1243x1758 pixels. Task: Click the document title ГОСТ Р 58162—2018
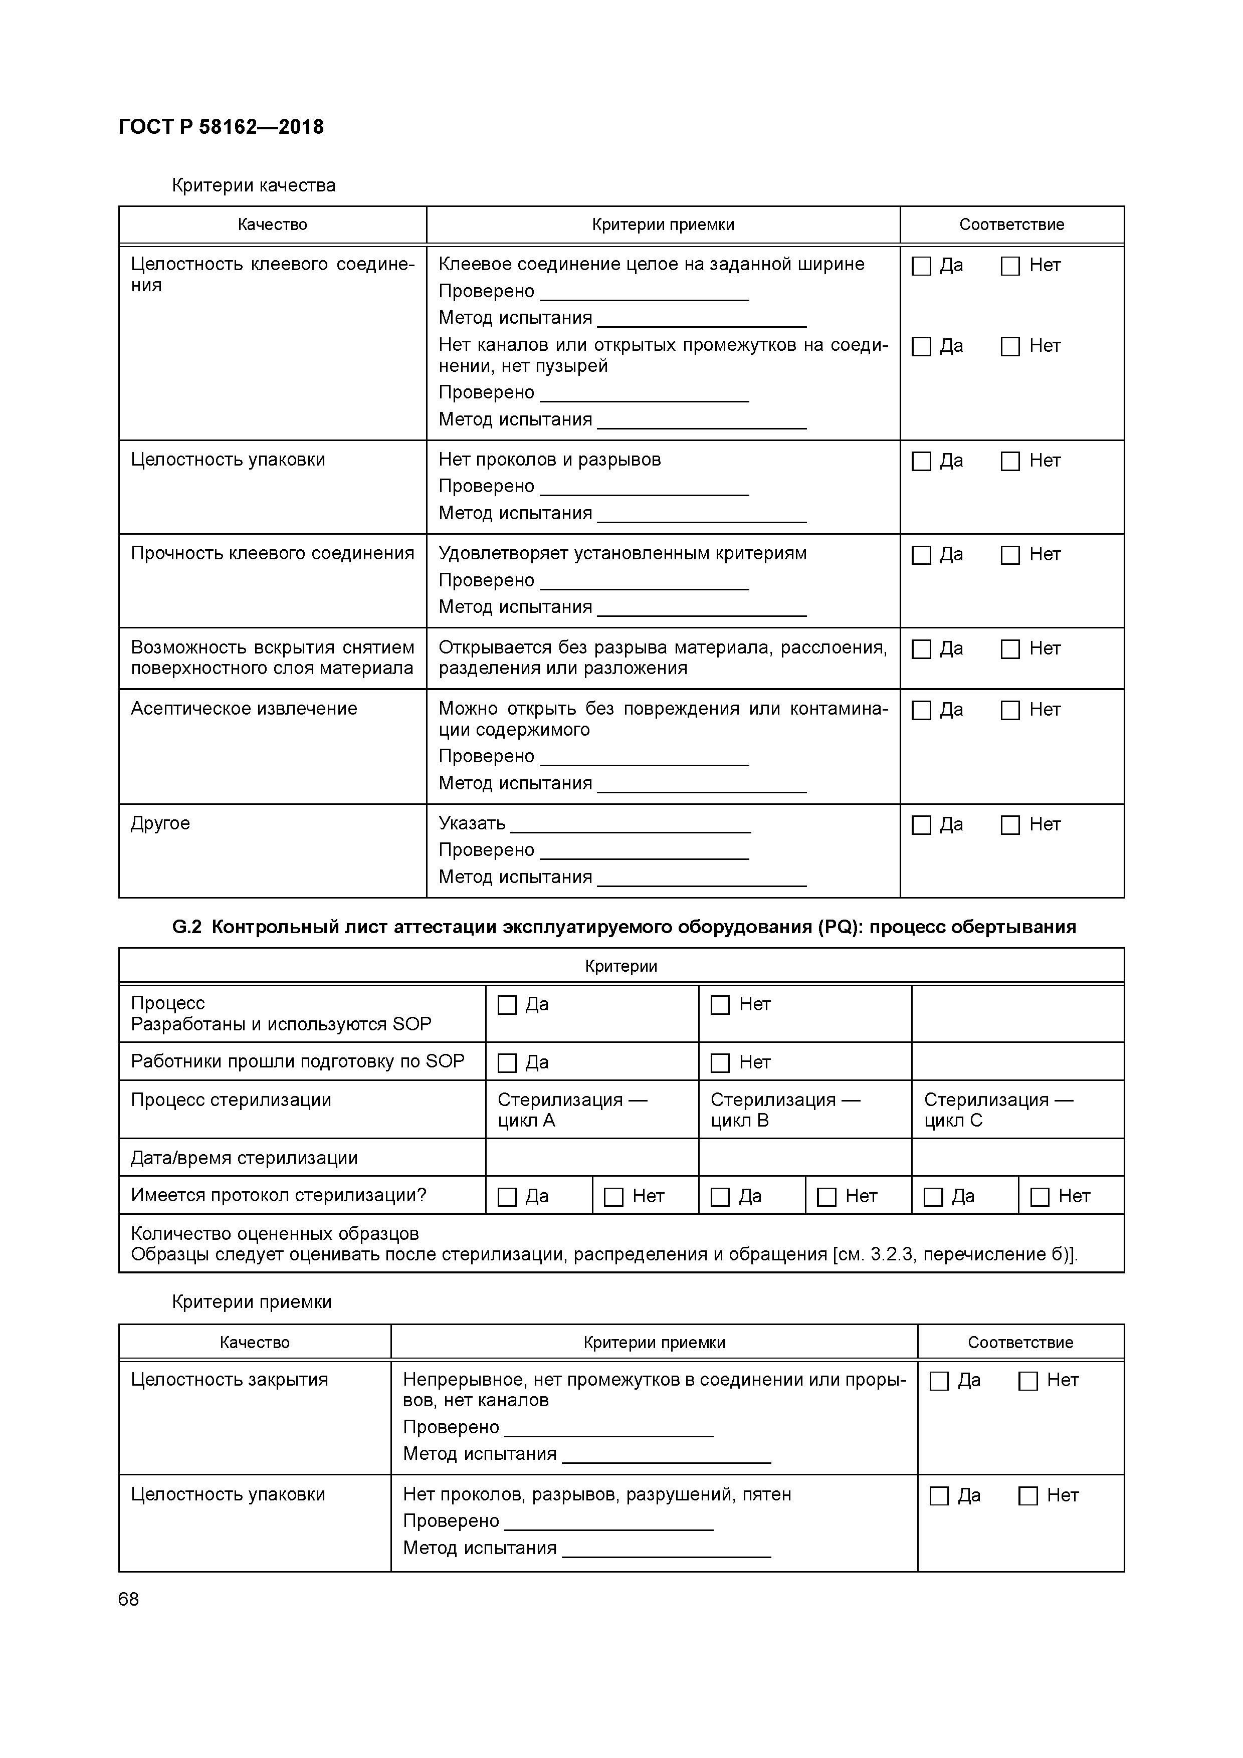pyautogui.click(x=222, y=126)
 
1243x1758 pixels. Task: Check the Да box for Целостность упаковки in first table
pyautogui.click(x=921, y=461)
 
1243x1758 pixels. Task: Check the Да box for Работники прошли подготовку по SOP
pyautogui.click(x=507, y=1063)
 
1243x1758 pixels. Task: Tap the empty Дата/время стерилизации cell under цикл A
pyautogui.click(x=591, y=1158)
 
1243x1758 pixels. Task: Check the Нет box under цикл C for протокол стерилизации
pyautogui.click(x=1040, y=1197)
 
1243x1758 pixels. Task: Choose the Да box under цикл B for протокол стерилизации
pyautogui.click(x=720, y=1197)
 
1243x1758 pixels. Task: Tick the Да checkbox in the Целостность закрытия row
pyautogui.click(x=939, y=1381)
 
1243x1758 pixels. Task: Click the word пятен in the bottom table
pyautogui.click(x=767, y=1494)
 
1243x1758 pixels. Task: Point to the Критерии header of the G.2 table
pyautogui.click(x=620, y=966)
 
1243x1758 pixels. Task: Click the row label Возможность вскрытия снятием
pyautogui.click(x=272, y=648)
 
